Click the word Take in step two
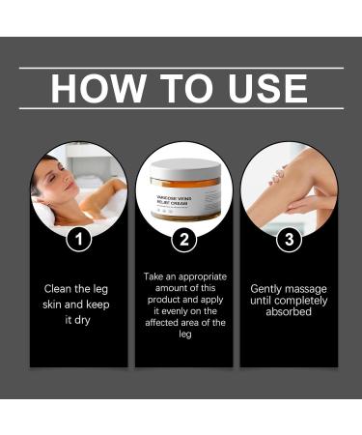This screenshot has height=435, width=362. pos(155,275)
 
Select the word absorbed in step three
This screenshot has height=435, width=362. pos(287,312)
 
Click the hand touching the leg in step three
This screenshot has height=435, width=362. pos(307,203)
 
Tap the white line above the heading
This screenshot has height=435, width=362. pos(181,68)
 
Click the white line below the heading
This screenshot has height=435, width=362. pos(181,107)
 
